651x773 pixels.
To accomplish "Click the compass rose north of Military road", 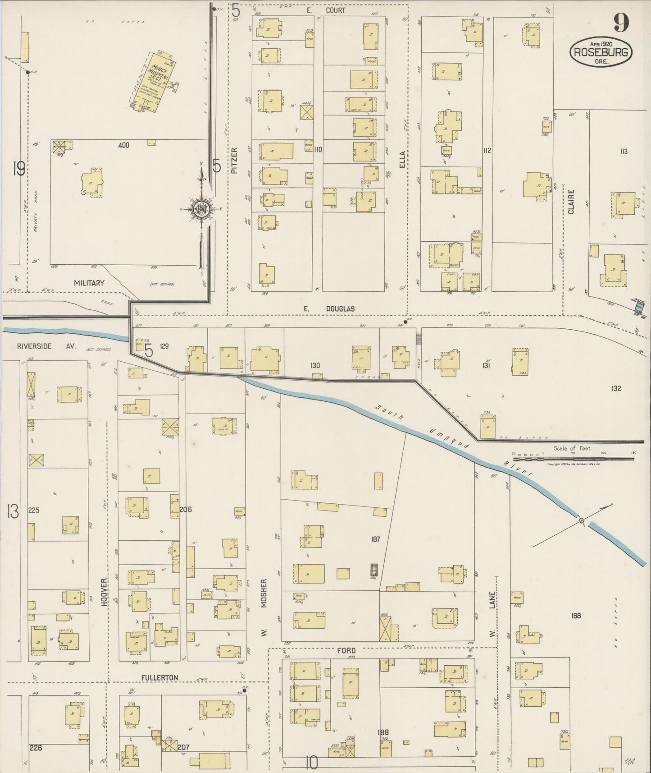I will click(201, 208).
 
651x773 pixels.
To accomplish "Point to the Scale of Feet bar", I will click(573, 458).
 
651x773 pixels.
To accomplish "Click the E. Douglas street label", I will click(329, 309).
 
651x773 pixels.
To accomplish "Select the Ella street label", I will click(402, 159).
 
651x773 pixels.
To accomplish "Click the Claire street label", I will click(571, 202).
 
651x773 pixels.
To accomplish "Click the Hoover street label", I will click(104, 592).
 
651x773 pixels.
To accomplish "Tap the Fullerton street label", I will click(159, 677).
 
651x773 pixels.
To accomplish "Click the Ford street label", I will click(346, 651).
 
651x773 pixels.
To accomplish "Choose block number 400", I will click(123, 145).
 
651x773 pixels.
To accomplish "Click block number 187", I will click(376, 539).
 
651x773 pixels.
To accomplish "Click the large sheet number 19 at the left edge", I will click(19, 169).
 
